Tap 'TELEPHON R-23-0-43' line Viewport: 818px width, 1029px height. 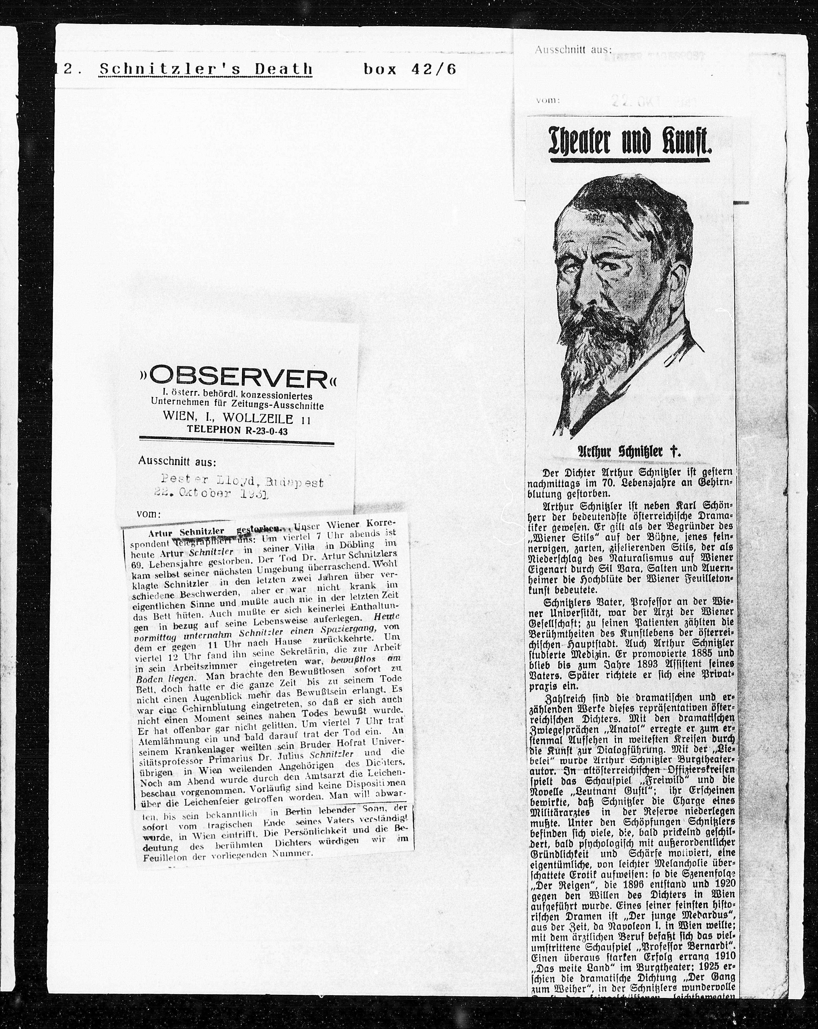[237, 430]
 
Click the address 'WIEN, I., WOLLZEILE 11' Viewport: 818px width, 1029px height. [237, 418]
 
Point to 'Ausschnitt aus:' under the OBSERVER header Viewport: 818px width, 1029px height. [176, 462]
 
